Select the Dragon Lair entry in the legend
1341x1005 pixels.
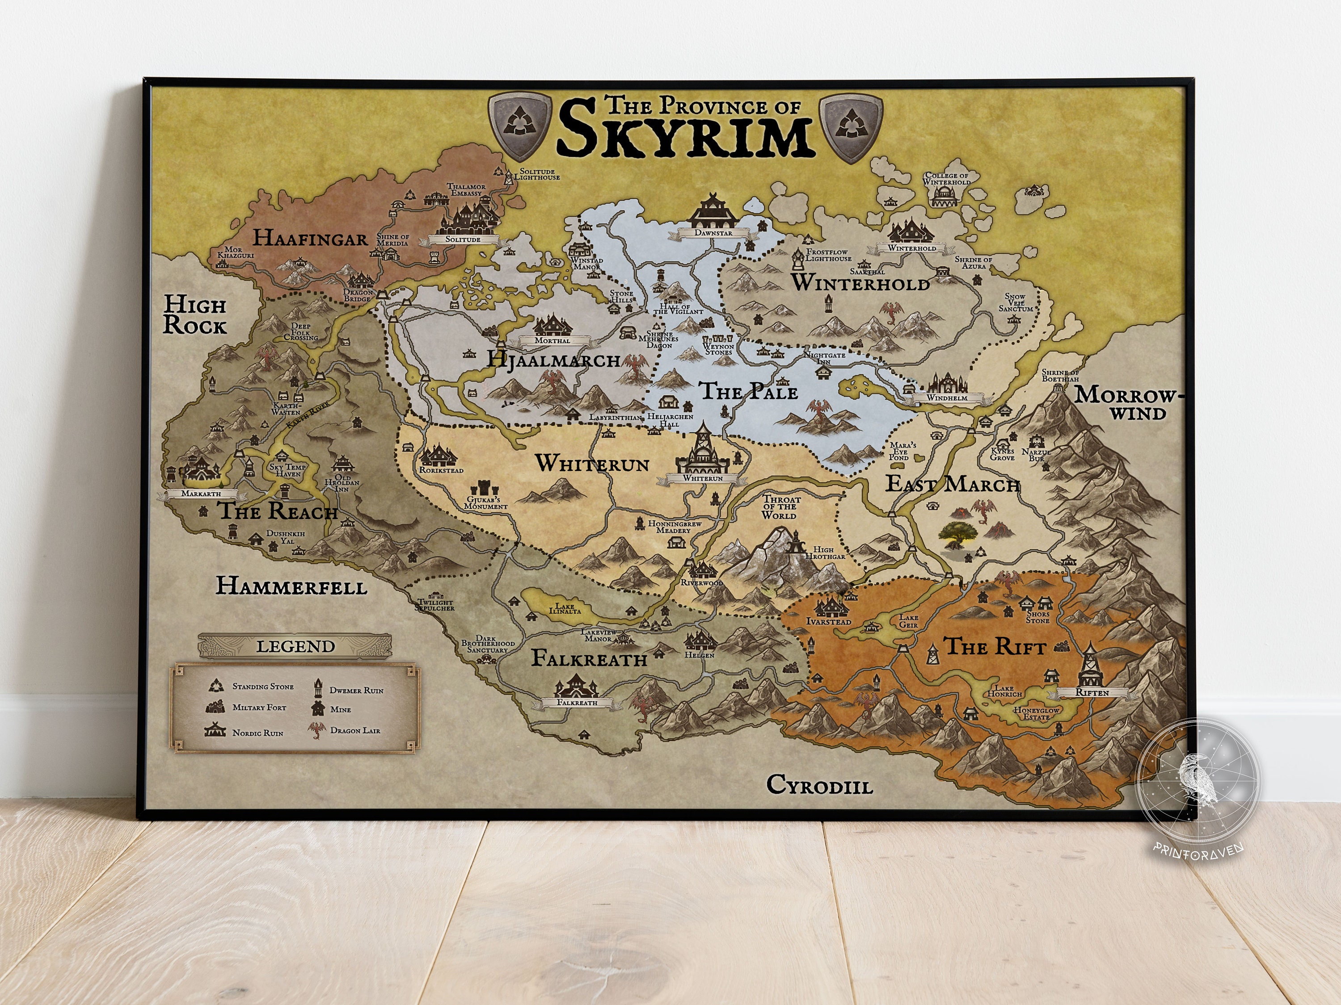354,731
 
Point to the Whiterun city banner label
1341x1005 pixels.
703,478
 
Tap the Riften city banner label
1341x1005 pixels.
1092,692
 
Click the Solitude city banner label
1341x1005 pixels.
463,239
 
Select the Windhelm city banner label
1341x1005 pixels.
947,398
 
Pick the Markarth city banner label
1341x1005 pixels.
201,494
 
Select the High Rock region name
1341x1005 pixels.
194,315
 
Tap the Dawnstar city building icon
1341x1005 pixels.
713,211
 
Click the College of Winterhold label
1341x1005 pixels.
946,179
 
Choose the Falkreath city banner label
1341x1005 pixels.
577,703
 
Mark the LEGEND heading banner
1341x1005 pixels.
295,646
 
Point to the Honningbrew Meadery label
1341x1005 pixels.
674,527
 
